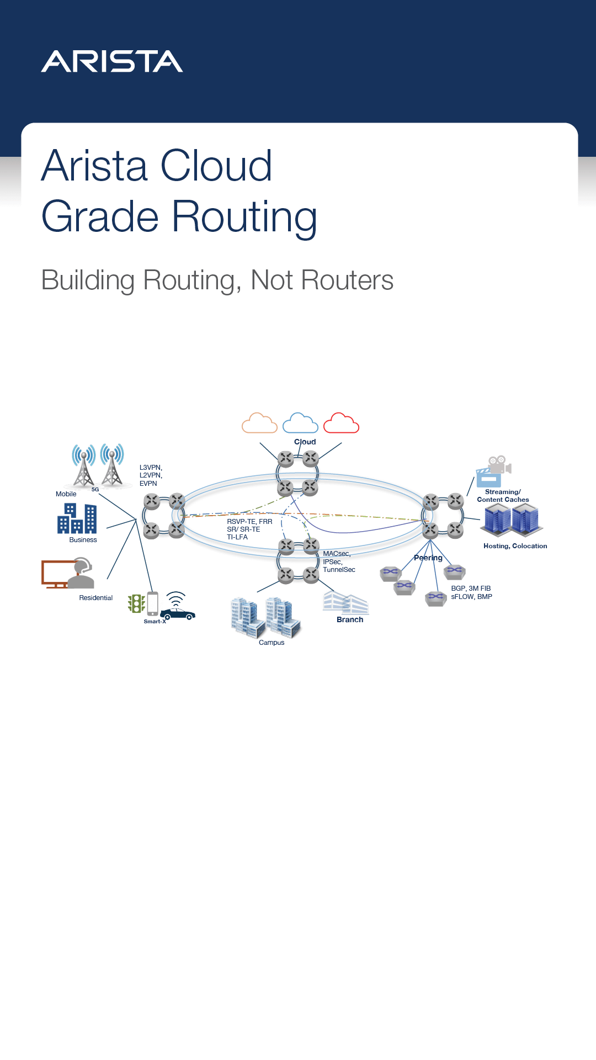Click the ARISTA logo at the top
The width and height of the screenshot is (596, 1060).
coord(112,61)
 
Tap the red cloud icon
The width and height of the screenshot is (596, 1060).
coord(341,423)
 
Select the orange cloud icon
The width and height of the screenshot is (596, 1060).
coord(259,423)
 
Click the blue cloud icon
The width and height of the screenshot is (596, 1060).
coord(300,423)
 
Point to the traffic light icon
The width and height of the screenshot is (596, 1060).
coord(136,603)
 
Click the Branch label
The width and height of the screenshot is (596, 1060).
coord(350,619)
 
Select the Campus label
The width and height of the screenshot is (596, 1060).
coord(272,643)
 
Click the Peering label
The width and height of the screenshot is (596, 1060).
coord(428,558)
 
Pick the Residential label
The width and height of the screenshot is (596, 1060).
coord(95,598)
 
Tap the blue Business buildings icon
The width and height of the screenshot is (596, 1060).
coord(77,518)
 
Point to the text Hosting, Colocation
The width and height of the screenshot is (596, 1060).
coord(515,546)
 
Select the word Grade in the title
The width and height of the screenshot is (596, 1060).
coord(100,216)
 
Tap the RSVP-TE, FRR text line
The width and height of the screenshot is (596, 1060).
coord(249,522)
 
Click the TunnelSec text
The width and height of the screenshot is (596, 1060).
coord(339,570)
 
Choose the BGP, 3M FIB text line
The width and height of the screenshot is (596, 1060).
coord(471,589)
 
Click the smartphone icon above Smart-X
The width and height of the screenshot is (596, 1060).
coord(153,603)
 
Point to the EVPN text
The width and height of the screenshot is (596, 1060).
coord(148,484)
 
